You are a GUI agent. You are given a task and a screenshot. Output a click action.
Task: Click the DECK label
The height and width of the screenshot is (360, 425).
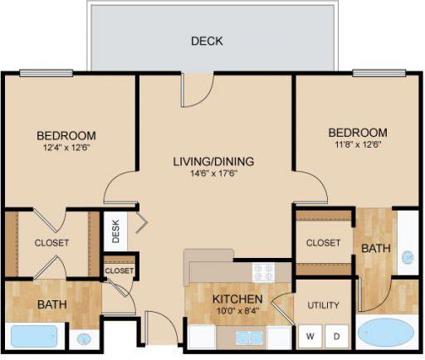(207, 41)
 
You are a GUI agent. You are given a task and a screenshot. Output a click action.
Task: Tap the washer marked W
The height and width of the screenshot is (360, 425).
(310, 336)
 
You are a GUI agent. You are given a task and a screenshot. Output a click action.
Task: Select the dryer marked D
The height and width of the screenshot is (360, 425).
(336, 336)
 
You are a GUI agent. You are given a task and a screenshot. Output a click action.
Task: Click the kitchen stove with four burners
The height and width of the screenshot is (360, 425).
(263, 272)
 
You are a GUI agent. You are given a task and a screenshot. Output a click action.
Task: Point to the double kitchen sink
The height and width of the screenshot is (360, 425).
(249, 338)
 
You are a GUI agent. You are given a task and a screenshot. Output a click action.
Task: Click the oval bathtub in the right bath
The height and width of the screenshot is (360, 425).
(386, 332)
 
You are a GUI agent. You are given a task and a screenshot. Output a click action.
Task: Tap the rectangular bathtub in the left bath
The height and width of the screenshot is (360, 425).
(34, 336)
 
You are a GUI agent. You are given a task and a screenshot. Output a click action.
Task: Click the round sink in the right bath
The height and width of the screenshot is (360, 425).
(408, 257)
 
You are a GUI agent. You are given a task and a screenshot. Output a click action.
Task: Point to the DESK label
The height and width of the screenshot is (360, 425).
(116, 231)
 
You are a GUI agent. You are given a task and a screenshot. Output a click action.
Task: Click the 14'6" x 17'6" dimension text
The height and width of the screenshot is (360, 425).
(214, 173)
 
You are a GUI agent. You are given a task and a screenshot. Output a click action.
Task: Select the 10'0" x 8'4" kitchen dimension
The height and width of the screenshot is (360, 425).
(237, 310)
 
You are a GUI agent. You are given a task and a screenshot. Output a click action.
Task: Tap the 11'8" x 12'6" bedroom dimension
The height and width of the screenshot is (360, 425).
(359, 144)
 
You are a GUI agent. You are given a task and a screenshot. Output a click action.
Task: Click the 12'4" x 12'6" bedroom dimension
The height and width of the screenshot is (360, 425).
(67, 148)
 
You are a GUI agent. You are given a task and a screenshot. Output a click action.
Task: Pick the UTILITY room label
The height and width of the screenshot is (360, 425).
(323, 305)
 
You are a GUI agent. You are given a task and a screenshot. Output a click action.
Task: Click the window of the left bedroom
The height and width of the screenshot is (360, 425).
(46, 73)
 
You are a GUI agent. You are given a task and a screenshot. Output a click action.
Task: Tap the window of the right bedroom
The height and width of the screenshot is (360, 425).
(379, 73)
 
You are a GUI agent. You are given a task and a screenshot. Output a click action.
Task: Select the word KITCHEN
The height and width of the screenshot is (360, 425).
(237, 299)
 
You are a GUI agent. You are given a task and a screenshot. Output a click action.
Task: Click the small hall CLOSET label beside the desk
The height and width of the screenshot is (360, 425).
(120, 270)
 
